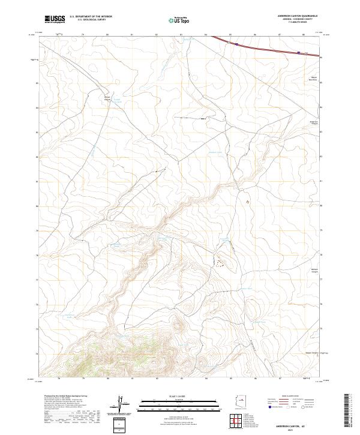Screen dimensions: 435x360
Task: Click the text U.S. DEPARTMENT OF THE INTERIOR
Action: point(90,17)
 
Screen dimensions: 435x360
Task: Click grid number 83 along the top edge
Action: point(182,35)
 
